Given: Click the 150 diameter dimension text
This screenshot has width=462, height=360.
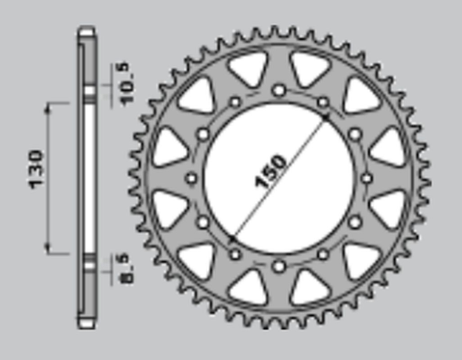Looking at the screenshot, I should tap(271, 171).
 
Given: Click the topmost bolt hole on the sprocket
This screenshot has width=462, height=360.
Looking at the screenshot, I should tap(279, 90).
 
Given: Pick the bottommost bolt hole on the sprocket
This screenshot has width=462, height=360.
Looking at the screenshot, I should tap(279, 265).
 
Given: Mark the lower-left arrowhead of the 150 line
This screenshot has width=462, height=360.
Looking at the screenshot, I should tap(233, 238).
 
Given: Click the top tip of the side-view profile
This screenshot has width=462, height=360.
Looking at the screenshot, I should tap(87, 34).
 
